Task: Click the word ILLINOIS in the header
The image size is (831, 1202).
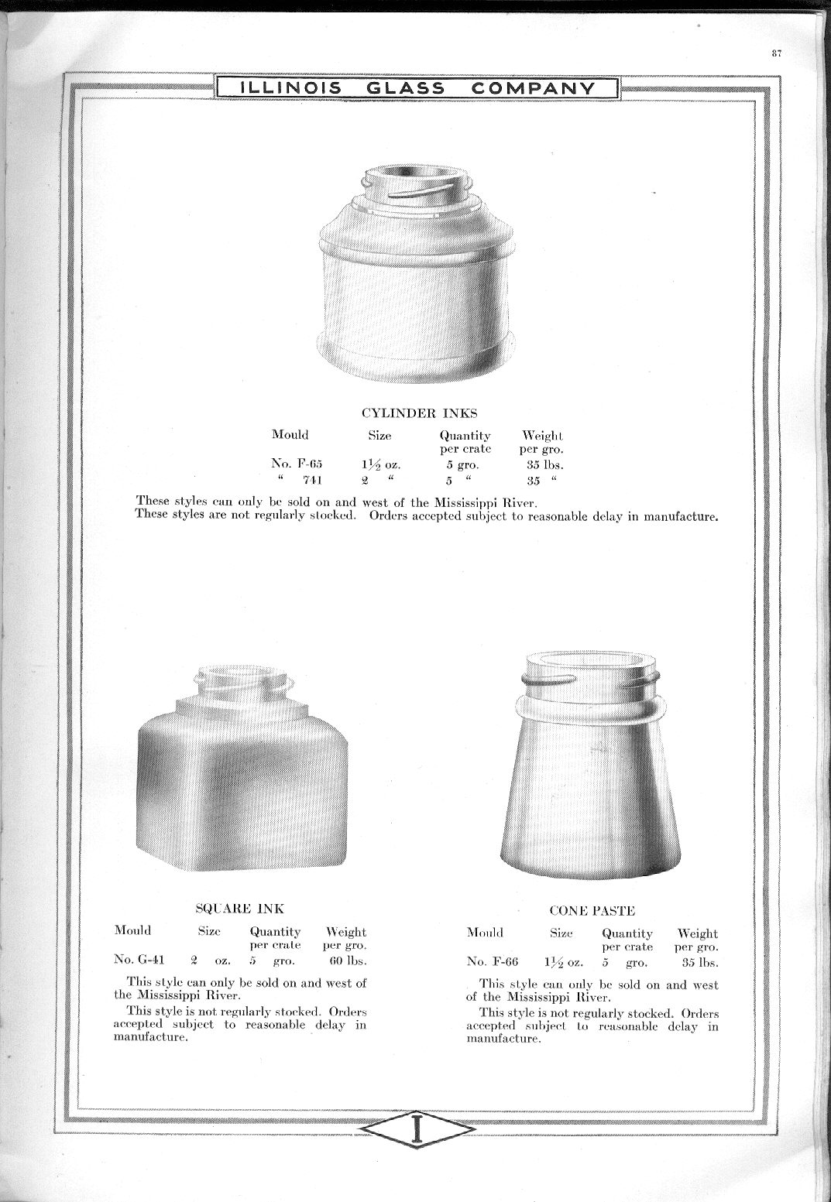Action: [x=290, y=87]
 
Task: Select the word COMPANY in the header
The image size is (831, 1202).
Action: [x=532, y=87]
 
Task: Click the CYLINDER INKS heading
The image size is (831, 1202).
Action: [x=419, y=413]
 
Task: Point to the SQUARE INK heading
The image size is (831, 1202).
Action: [x=239, y=908]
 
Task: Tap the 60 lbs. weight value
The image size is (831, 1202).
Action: [x=346, y=961]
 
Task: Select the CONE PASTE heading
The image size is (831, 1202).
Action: [x=592, y=911]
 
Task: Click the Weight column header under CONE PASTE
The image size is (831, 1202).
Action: [x=697, y=933]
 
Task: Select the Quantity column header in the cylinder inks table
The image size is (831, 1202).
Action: [x=465, y=436]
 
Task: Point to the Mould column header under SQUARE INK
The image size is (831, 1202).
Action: [x=133, y=930]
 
